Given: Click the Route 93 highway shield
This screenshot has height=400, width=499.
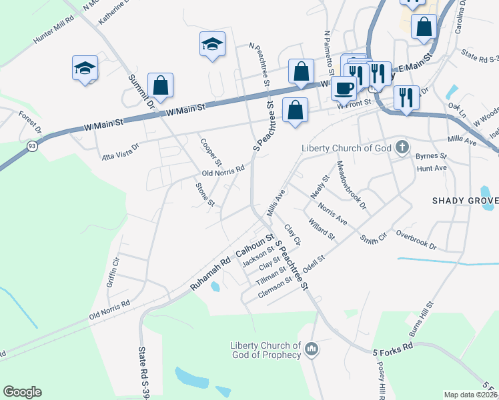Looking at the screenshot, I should click(x=31, y=145).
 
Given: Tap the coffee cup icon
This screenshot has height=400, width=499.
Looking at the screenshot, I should click(x=344, y=88).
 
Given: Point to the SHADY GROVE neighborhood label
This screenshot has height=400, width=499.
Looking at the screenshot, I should click(x=465, y=201).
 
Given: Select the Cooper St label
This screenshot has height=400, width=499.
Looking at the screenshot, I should click(x=211, y=152).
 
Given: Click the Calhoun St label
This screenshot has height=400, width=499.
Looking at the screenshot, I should click(x=256, y=246).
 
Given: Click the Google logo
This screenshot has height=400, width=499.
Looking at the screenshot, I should click(x=22, y=392).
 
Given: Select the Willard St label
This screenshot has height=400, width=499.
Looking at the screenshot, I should click(x=321, y=228).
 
